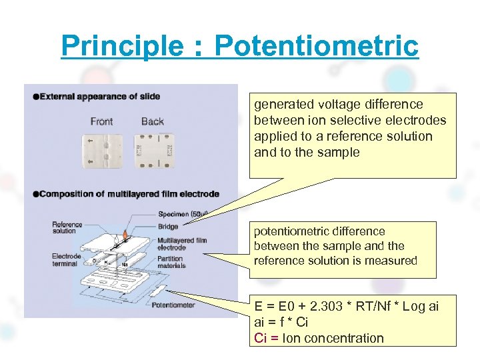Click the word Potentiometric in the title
pos(317,46)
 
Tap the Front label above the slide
pos(101,121)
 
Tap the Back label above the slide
pos(153,121)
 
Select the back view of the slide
pos(155,151)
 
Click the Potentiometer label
pos(173,305)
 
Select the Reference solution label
pos(67,227)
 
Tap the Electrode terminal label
pos(66,260)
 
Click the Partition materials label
pos(172,263)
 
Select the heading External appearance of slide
pos(99,96)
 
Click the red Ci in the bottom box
pos(261,338)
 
